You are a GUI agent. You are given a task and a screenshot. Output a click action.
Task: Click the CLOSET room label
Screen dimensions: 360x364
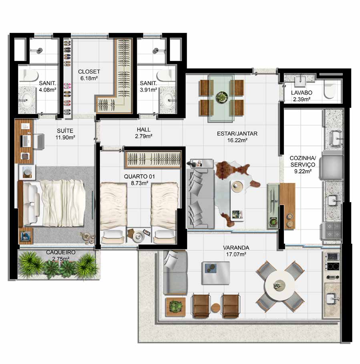pyautogui.click(x=89, y=72)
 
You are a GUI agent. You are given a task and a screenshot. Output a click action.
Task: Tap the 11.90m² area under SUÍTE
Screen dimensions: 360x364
pyautogui.click(x=65, y=137)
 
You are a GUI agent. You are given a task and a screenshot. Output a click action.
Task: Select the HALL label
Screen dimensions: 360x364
pyautogui.click(x=144, y=129)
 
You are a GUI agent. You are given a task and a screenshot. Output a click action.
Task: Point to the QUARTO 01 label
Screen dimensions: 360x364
pyautogui.click(x=139, y=177)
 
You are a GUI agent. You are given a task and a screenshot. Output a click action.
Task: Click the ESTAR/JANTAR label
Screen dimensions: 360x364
pyautogui.click(x=237, y=134)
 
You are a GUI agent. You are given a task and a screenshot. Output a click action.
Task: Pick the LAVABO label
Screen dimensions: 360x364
pyautogui.click(x=302, y=93)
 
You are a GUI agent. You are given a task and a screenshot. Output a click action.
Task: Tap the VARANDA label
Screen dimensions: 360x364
pyautogui.click(x=236, y=248)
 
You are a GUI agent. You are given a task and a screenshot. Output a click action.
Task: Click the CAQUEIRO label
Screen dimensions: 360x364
pyautogui.click(x=60, y=252)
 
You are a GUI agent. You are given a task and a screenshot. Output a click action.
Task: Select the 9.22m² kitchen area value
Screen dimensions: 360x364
pyautogui.click(x=303, y=171)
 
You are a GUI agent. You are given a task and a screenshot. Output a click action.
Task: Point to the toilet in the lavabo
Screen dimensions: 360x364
pyautogui.click(x=330, y=90)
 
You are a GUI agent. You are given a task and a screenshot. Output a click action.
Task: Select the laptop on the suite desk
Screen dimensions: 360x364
pyautogui.click(x=26, y=141)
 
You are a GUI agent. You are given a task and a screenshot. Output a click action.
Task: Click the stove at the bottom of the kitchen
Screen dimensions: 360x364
pyautogui.click(x=332, y=231)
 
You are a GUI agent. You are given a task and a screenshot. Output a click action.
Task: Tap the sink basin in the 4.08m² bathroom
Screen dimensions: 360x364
pyautogui.click(x=25, y=100)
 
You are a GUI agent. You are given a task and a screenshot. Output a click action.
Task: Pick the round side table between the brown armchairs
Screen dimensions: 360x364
pyautogui.click(x=215, y=308)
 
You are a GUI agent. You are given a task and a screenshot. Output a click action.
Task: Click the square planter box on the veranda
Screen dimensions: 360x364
pyautogui.click(x=175, y=307)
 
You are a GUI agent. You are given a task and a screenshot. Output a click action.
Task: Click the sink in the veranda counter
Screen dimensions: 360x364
pyautogui.click(x=332, y=299)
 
